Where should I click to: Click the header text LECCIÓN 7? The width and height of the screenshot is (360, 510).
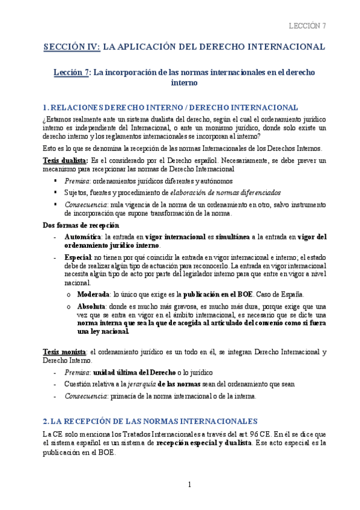307,25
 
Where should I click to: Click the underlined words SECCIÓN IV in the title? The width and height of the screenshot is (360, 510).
72,46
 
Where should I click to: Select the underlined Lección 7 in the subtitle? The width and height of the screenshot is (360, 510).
71,72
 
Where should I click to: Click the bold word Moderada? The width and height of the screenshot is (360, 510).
92,295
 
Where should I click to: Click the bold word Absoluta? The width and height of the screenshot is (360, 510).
91,306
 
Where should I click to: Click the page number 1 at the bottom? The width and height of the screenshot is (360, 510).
189,485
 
